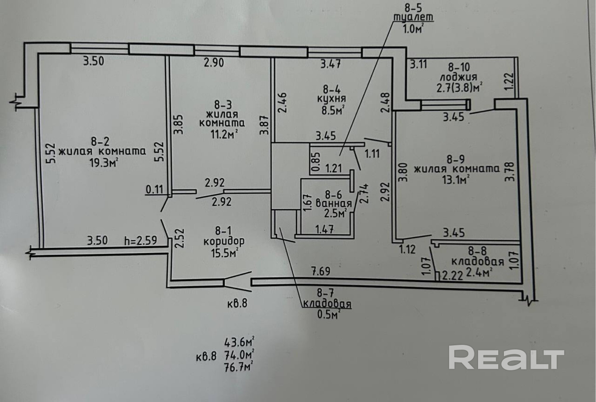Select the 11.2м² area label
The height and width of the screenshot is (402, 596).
coord(224,134)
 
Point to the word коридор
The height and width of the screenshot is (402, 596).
coord(224,241)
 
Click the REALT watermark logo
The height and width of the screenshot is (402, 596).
coord(506,357)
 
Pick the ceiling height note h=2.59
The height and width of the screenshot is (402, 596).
coord(140,240)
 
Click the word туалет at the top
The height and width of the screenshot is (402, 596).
coord(413,17)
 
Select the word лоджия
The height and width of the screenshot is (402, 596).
coord(458,77)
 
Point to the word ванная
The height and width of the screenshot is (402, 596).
coord(334,204)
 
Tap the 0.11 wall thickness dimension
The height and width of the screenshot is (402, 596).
coord(154,189)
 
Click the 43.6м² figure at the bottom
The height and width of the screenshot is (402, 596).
coord(239,342)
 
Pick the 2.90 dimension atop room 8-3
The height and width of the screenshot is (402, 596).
coord(214,63)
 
